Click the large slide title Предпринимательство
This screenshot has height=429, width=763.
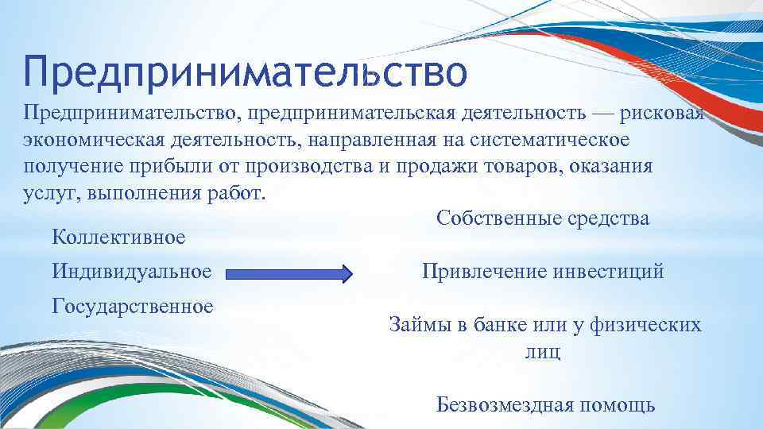pyautogui.click(x=245, y=71)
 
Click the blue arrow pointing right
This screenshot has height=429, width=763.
pyautogui.click(x=289, y=275)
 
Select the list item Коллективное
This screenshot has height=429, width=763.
pyautogui.click(x=118, y=236)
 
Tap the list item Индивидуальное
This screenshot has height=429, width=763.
pyautogui.click(x=132, y=272)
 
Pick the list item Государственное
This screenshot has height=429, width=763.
pyautogui.click(x=133, y=306)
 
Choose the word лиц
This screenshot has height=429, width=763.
pyautogui.click(x=543, y=352)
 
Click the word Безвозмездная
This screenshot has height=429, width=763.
pyautogui.click(x=505, y=405)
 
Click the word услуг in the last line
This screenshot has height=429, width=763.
pyautogui.click(x=47, y=194)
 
